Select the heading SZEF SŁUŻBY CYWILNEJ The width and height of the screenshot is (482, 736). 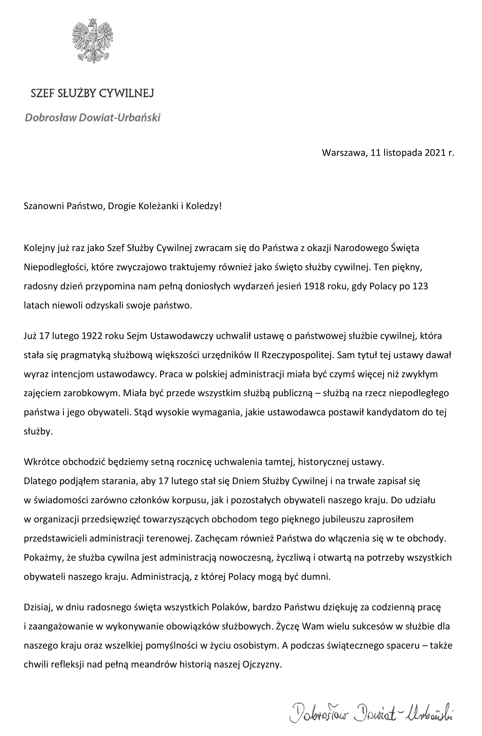[x=92, y=93]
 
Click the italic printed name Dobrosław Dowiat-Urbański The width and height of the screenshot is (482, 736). [x=93, y=118]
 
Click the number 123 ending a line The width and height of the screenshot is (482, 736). [x=420, y=286]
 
